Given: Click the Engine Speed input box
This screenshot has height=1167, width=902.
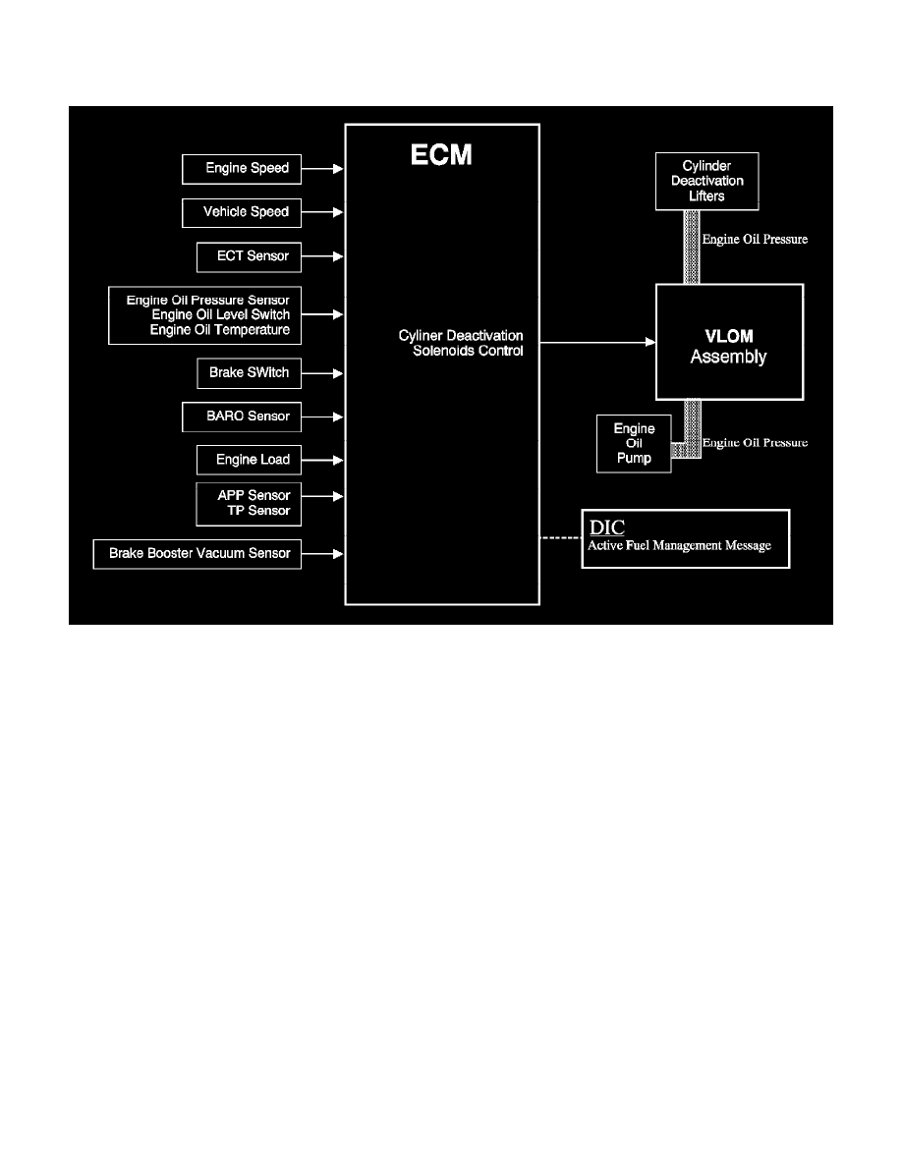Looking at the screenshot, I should click(x=242, y=169).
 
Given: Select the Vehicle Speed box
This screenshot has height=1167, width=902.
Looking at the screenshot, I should click(x=242, y=212).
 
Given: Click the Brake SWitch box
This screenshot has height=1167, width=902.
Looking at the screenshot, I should click(x=242, y=373).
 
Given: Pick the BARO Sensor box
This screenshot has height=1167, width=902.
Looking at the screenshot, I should click(x=242, y=417).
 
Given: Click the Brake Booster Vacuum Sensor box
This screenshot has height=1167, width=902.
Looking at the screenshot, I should click(x=197, y=554).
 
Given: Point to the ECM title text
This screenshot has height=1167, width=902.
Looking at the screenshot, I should click(x=441, y=155).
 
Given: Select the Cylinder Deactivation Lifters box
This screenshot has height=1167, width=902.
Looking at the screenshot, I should click(x=706, y=181).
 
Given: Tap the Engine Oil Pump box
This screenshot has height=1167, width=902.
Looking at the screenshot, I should click(x=634, y=443).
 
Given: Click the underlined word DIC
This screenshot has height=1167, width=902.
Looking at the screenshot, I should click(x=606, y=528).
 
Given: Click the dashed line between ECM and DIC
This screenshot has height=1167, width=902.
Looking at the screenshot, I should click(x=560, y=538).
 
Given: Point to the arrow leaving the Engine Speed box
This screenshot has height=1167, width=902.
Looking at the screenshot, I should click(x=322, y=169).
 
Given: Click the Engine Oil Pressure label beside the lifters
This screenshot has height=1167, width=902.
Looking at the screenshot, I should click(x=755, y=239).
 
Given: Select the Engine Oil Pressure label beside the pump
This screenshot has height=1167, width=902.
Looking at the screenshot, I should click(x=755, y=443).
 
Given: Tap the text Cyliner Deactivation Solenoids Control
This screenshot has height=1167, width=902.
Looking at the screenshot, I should click(x=462, y=343).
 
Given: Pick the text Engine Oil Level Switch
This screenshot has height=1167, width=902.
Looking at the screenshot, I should click(x=220, y=314).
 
